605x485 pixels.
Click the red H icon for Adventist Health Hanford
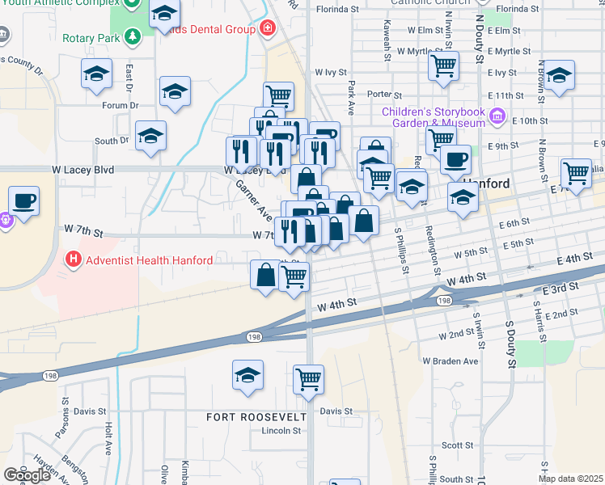[74, 260]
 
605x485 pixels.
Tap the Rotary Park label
[92, 37]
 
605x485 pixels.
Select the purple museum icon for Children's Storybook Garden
[497, 117]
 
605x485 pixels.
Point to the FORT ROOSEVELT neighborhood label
[256, 417]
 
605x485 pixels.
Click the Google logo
[27, 475]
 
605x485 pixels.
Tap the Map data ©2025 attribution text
[571, 479]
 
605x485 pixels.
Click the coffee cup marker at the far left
[23, 200]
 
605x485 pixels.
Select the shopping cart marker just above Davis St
[308, 378]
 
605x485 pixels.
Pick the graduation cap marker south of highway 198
[247, 375]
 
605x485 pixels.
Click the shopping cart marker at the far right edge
[576, 173]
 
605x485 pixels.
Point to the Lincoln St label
[281, 431]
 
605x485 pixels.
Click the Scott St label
[457, 445]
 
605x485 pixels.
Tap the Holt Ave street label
[108, 437]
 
